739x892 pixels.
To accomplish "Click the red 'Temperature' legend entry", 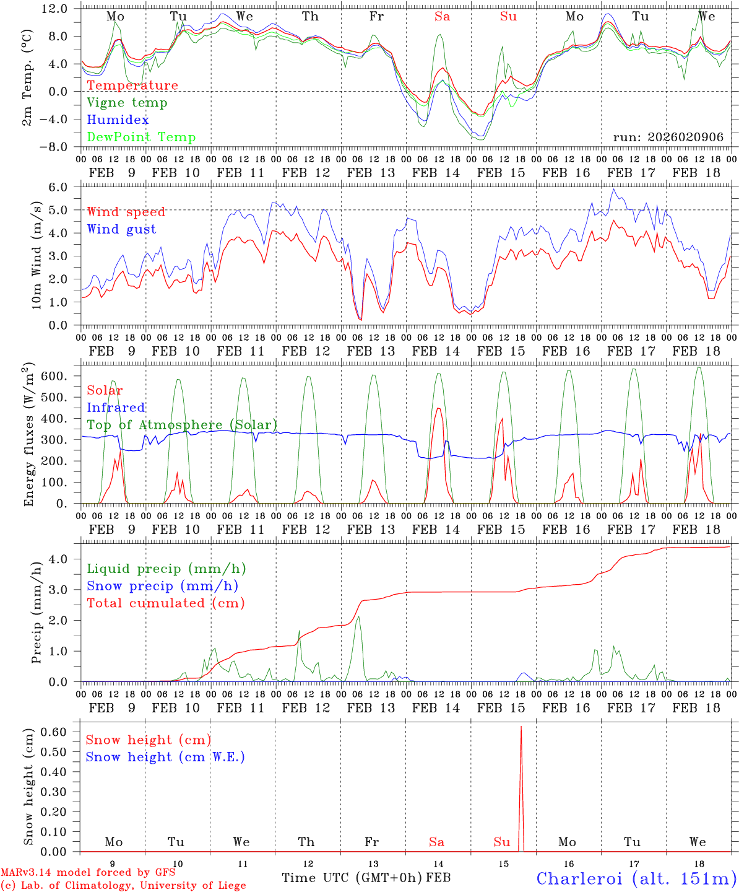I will [x=132, y=85].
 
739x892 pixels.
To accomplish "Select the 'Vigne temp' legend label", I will [x=127, y=103].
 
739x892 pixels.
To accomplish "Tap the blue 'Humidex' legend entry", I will [x=118, y=120].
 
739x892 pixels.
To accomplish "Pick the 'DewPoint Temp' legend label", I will [x=141, y=138].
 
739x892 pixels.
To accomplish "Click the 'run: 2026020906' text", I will [x=668, y=138].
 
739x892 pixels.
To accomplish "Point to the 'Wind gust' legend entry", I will [x=121, y=229].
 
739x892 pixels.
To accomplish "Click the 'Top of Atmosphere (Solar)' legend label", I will [x=182, y=425].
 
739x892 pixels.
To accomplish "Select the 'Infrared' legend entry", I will [x=116, y=408].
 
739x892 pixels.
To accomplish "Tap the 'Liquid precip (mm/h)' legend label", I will [x=166, y=569].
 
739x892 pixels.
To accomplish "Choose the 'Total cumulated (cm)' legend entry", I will [x=166, y=603].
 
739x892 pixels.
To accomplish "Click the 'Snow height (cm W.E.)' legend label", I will [x=165, y=757].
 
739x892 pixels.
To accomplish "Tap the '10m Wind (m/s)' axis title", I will [x=38, y=255].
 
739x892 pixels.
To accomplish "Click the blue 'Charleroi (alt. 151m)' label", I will [x=636, y=878].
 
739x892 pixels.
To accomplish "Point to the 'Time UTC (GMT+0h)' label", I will [x=352, y=878].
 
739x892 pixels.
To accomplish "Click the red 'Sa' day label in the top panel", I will [x=442, y=17].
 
